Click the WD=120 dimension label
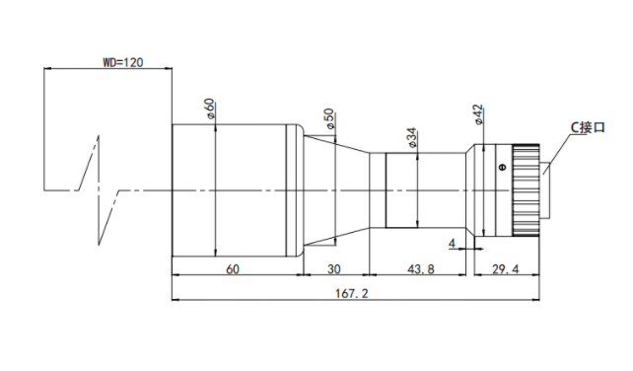coord(122,62)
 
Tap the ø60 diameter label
coord(210,109)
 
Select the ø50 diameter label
coord(329,118)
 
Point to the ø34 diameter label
coord(411,137)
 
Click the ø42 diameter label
coord(477,114)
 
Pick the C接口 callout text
coord(588,127)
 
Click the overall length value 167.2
coord(352,293)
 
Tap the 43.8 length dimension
coord(421,269)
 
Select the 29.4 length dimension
coord(506,269)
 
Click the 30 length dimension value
coord(334,269)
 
